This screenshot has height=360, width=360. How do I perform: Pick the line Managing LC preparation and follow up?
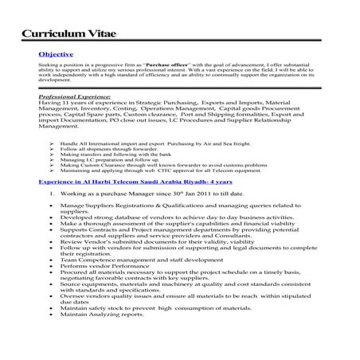(x=107, y=160)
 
